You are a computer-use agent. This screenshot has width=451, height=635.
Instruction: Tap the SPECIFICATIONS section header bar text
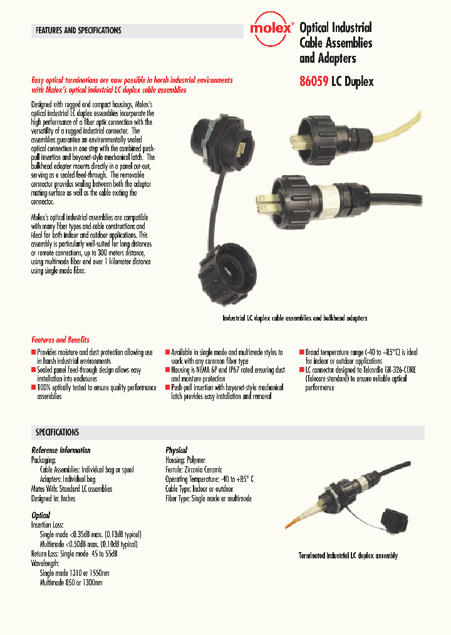57,432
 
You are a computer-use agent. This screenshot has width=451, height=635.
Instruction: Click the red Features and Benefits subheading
60,339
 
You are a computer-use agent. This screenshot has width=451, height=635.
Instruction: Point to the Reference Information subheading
61,450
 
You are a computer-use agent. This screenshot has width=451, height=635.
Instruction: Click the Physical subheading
176,450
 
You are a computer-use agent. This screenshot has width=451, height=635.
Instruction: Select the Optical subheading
41,515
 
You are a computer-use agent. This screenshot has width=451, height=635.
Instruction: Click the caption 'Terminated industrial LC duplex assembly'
348,556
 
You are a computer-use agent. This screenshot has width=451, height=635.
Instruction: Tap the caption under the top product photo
294,318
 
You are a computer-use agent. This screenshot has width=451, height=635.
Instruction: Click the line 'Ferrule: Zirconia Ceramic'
194,469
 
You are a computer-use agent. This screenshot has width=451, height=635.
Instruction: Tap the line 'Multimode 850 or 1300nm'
71,582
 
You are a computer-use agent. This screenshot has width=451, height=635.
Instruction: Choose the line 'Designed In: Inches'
53,498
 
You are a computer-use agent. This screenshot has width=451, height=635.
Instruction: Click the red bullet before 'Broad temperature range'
301,353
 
